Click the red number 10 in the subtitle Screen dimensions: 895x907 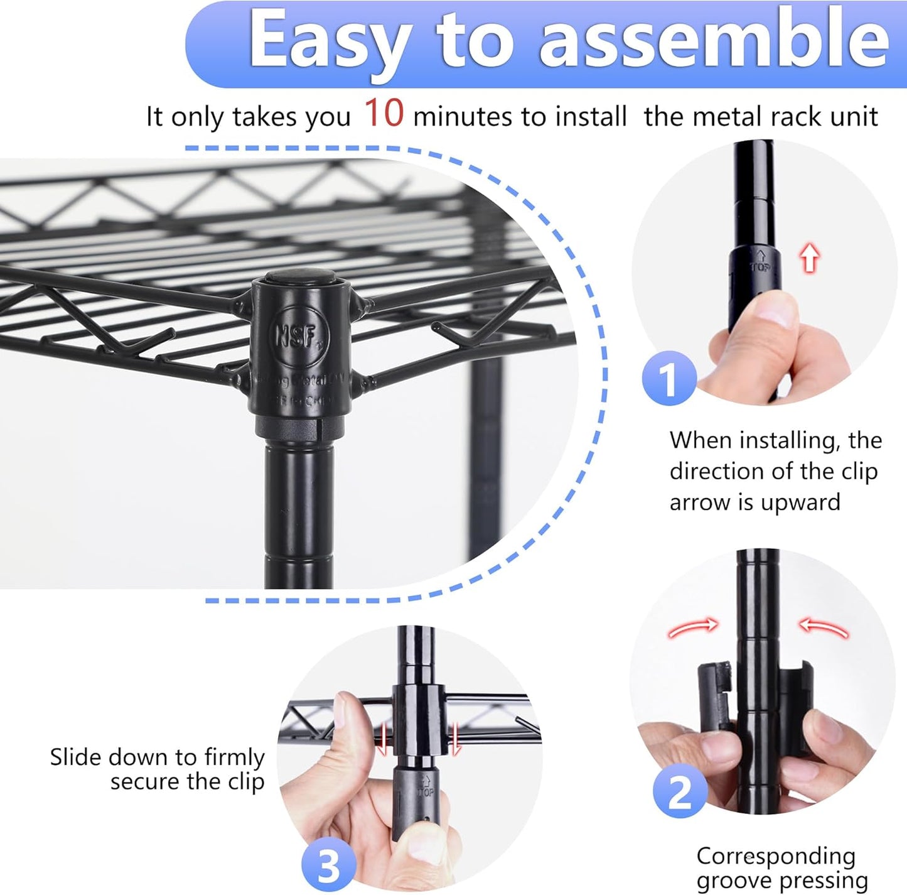pyautogui.click(x=384, y=114)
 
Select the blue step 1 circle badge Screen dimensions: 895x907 pyautogui.click(x=669, y=378)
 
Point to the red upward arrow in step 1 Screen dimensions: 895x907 pyautogui.click(x=810, y=258)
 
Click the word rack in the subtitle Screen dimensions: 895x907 pyautogui.click(x=793, y=117)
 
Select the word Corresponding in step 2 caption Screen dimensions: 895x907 pyautogui.click(x=776, y=856)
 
